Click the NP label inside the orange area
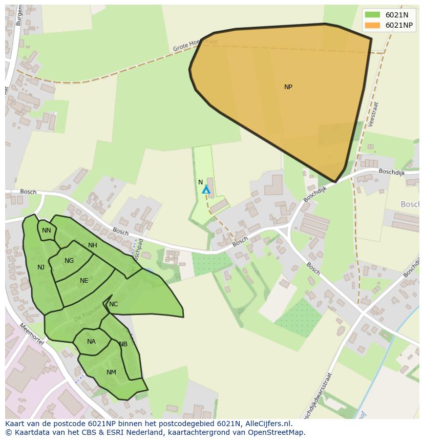coord(288,87)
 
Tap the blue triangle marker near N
coord(206,190)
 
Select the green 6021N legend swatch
coord(372,15)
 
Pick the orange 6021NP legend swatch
coord(372,25)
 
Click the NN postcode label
coord(47,230)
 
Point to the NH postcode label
coord(92,245)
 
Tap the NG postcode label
coord(69,261)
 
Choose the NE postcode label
coord(84,281)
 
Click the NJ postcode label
coord(41,267)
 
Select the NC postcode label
coord(113,304)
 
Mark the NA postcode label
coord(91,342)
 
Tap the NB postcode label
coord(123,344)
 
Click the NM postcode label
coord(111,372)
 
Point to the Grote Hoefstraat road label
coord(195,46)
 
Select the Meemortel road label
coord(32,334)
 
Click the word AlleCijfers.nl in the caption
coord(267,424)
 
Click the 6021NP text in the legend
coord(399,25)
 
